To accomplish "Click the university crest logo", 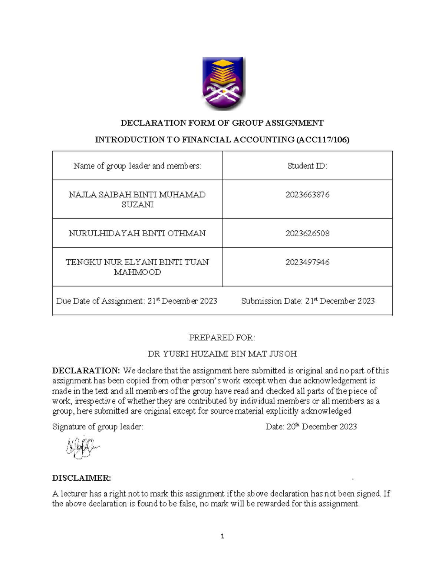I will (x=223, y=83).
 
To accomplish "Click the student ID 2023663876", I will (x=307, y=195).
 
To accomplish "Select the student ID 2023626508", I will (x=307, y=233).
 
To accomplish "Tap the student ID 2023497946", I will (x=307, y=262).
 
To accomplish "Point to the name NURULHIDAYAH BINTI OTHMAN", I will (x=137, y=233).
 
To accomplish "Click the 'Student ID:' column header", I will (x=307, y=166).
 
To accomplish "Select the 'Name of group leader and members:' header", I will (x=137, y=166).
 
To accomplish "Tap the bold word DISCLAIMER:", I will (x=82, y=478).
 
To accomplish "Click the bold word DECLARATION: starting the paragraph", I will (x=86, y=371).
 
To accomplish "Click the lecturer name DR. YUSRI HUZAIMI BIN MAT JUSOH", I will (x=222, y=354).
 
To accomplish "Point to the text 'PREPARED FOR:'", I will (x=222, y=338).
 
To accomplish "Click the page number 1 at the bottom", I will (x=222, y=536).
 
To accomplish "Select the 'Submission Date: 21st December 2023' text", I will (x=308, y=301).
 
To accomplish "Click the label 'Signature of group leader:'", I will (x=98, y=427).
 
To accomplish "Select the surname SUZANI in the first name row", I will (x=137, y=205).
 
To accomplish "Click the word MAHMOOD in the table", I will (x=137, y=272).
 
